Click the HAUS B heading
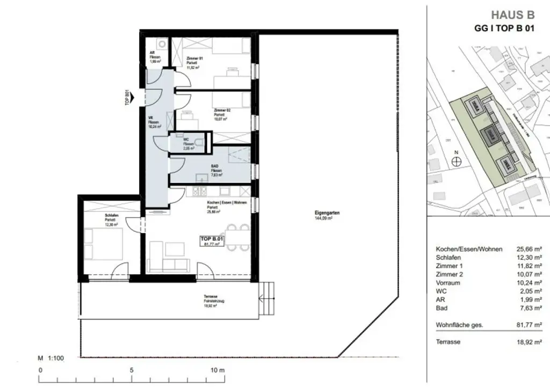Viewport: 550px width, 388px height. pos(513,16)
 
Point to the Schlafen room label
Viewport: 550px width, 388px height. pos(111,216)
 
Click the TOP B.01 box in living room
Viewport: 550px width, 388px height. pos(212,241)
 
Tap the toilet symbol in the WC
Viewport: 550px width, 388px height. pos(199,143)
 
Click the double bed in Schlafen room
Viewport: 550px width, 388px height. pos(104,244)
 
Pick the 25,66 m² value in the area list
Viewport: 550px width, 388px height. pos(528,249)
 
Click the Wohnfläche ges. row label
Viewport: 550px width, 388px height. pos(459,325)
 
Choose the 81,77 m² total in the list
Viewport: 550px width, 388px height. pos(528,325)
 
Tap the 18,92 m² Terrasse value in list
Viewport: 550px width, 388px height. pos(528,342)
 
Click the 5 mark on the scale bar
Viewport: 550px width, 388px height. pos(131,370)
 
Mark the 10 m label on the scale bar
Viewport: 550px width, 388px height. pos(217,370)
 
